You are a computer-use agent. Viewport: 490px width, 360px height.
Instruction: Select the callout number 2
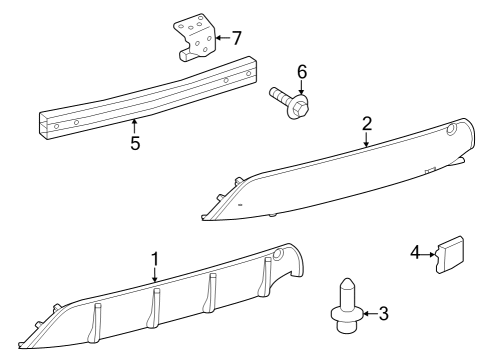click(367, 124)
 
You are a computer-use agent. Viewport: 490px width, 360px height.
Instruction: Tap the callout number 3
click(384, 314)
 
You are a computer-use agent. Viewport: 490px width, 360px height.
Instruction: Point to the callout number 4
click(415, 253)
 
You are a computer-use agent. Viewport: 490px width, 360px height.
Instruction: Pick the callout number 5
click(135, 143)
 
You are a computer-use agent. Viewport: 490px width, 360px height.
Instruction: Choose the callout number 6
click(302, 72)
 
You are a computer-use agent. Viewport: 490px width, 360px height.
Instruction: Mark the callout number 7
click(236, 38)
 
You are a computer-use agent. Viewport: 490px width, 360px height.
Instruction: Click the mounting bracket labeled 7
click(194, 37)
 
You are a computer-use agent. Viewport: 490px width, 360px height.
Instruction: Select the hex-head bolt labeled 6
click(289, 102)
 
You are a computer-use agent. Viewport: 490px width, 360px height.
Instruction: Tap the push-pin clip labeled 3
click(347, 306)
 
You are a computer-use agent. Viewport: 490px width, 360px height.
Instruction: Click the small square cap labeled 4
click(449, 254)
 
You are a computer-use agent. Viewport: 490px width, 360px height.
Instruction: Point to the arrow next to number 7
click(223, 38)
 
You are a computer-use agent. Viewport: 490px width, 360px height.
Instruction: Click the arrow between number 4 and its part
click(428, 254)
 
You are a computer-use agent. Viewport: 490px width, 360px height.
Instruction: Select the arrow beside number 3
click(370, 314)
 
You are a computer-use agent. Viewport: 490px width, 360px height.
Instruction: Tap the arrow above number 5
click(134, 127)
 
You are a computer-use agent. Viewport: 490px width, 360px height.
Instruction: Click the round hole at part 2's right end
click(451, 129)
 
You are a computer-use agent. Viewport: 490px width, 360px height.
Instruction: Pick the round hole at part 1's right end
click(278, 254)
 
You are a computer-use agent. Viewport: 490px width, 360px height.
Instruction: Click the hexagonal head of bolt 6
click(299, 108)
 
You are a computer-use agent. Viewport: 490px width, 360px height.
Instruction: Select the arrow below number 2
click(367, 139)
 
